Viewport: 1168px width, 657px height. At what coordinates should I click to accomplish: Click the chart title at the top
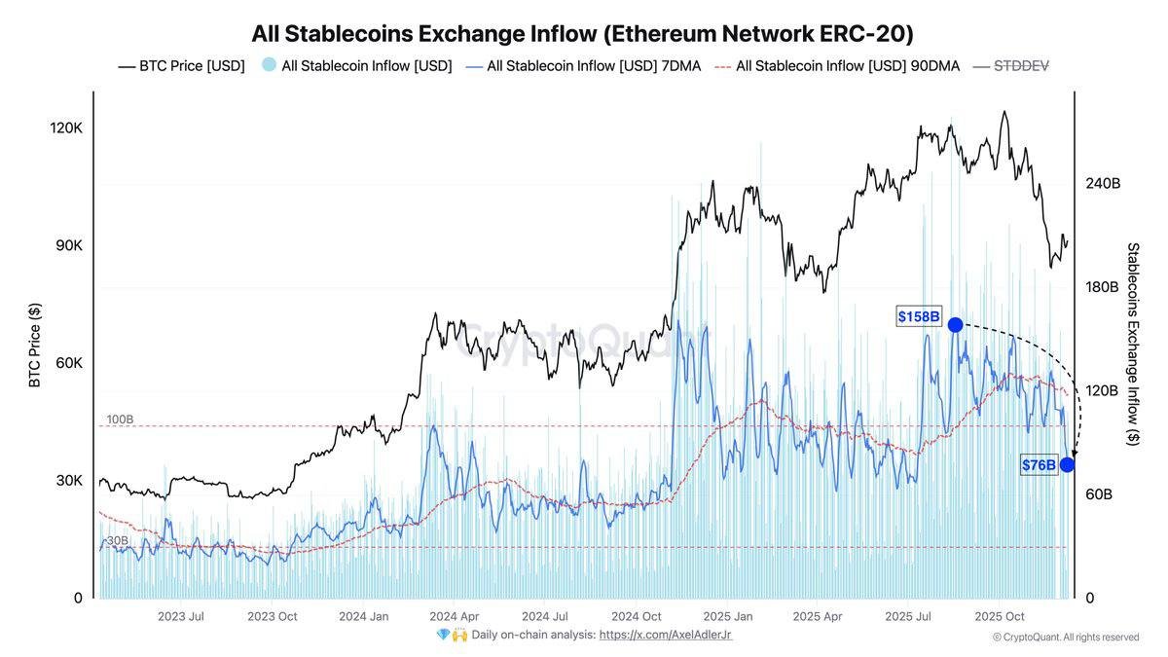[x=582, y=33]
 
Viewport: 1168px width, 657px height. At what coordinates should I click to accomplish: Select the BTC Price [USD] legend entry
[x=181, y=66]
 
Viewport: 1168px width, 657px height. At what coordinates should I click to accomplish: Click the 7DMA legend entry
[x=583, y=66]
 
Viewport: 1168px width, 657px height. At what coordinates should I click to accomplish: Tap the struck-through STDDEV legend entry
[x=1020, y=66]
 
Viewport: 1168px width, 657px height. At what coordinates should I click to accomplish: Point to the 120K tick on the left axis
[x=66, y=128]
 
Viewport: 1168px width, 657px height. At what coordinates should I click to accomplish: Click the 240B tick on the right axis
[x=1103, y=183]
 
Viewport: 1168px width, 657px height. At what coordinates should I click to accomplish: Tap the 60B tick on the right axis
[x=1099, y=494]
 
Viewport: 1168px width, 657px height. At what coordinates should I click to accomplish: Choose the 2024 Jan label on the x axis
[x=363, y=616]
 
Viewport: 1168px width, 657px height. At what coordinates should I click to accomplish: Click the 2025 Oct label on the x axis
[x=1001, y=616]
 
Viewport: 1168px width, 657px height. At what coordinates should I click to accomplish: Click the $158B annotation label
[x=919, y=316]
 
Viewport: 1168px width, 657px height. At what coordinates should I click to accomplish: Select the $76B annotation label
[x=1039, y=465]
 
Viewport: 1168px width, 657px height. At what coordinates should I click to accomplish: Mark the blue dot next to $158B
[x=955, y=324]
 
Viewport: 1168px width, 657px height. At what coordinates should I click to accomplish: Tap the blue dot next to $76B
[x=1067, y=465]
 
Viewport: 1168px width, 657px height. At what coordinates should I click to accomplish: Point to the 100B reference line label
[x=120, y=420]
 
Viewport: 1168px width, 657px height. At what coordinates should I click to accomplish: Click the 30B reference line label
[x=117, y=540]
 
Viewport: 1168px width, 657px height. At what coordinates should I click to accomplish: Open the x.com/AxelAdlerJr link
[x=665, y=635]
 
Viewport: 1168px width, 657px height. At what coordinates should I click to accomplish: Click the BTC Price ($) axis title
[x=35, y=345]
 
